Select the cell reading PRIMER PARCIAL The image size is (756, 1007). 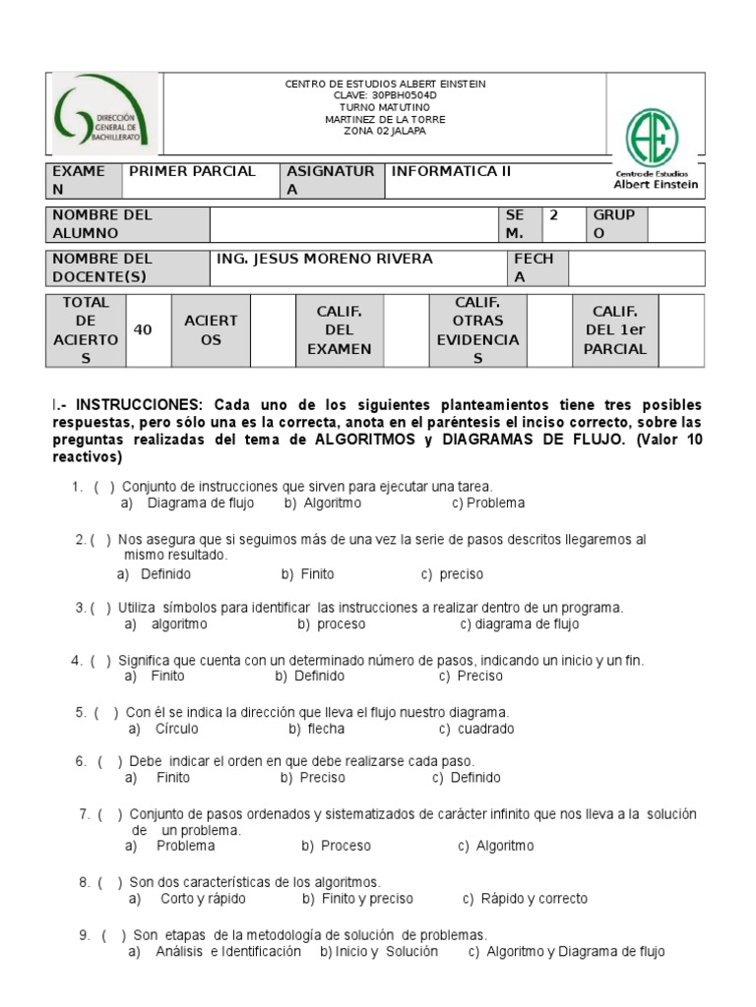coord(191,172)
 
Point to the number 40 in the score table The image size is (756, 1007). coord(143,330)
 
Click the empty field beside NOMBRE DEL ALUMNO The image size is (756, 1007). coord(354,224)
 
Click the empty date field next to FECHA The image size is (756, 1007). coord(636,267)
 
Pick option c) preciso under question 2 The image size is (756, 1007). coord(452,574)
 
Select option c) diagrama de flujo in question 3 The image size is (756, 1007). coord(520,624)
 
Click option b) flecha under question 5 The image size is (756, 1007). coord(317,729)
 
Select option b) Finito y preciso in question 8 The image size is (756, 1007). coord(358,899)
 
